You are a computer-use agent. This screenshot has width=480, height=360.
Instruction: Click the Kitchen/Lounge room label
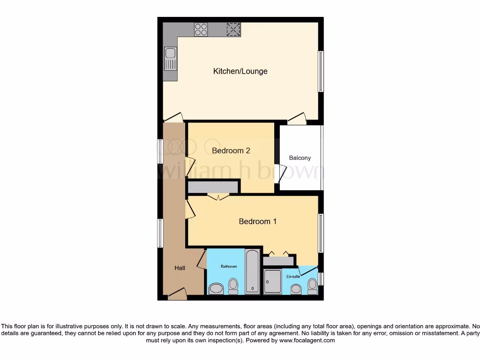pyautogui.click(x=240, y=71)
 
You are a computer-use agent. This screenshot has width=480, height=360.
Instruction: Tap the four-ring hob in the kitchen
pyautogui.click(x=201, y=30)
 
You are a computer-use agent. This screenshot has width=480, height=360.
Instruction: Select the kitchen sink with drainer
pyautogui.click(x=171, y=59)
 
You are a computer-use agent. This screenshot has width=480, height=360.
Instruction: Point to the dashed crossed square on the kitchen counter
pyautogui.click(x=233, y=30)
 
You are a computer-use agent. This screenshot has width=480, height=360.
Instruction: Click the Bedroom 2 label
pyautogui.click(x=231, y=150)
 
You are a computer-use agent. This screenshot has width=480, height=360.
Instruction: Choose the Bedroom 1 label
pyautogui.click(x=257, y=221)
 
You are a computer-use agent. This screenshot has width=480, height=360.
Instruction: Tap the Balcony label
pyautogui.click(x=300, y=158)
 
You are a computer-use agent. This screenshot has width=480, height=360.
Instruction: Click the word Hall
pyautogui.click(x=180, y=268)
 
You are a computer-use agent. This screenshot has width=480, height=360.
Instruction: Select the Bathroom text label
pyautogui.click(x=229, y=266)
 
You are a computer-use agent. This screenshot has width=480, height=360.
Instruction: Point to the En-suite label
pyautogui.click(x=293, y=277)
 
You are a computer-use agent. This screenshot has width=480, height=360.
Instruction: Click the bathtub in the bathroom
pyautogui.click(x=252, y=271)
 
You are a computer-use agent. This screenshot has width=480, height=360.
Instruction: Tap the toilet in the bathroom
pyautogui.click(x=233, y=286)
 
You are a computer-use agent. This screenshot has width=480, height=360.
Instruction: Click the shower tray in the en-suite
pyautogui.click(x=272, y=281)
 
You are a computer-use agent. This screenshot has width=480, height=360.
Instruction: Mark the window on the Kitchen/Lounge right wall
pyautogui.click(x=321, y=71)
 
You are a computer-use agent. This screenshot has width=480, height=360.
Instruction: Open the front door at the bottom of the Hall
pyautogui.click(x=177, y=295)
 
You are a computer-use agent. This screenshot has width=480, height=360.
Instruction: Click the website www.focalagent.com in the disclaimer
pyautogui.click(x=307, y=341)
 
